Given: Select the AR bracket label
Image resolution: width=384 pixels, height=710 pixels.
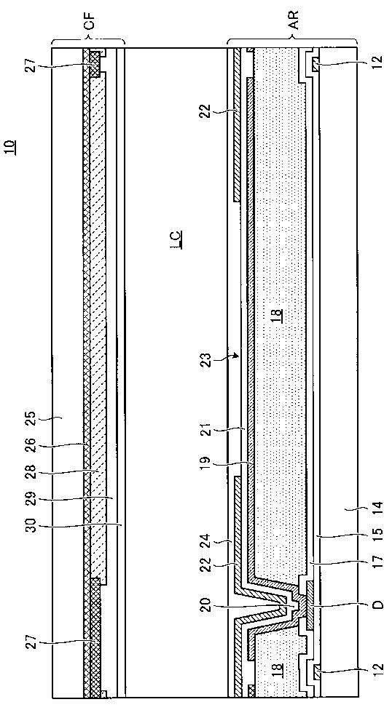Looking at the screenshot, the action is tap(293, 21).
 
